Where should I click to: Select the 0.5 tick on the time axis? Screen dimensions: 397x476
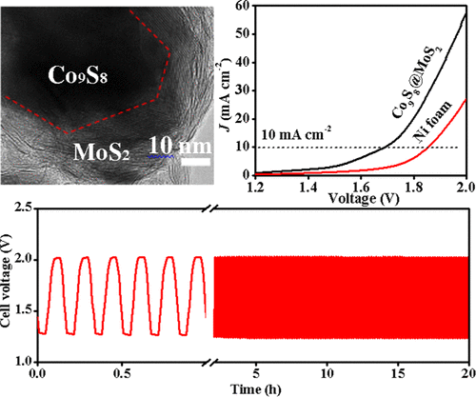click(x=122, y=369)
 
